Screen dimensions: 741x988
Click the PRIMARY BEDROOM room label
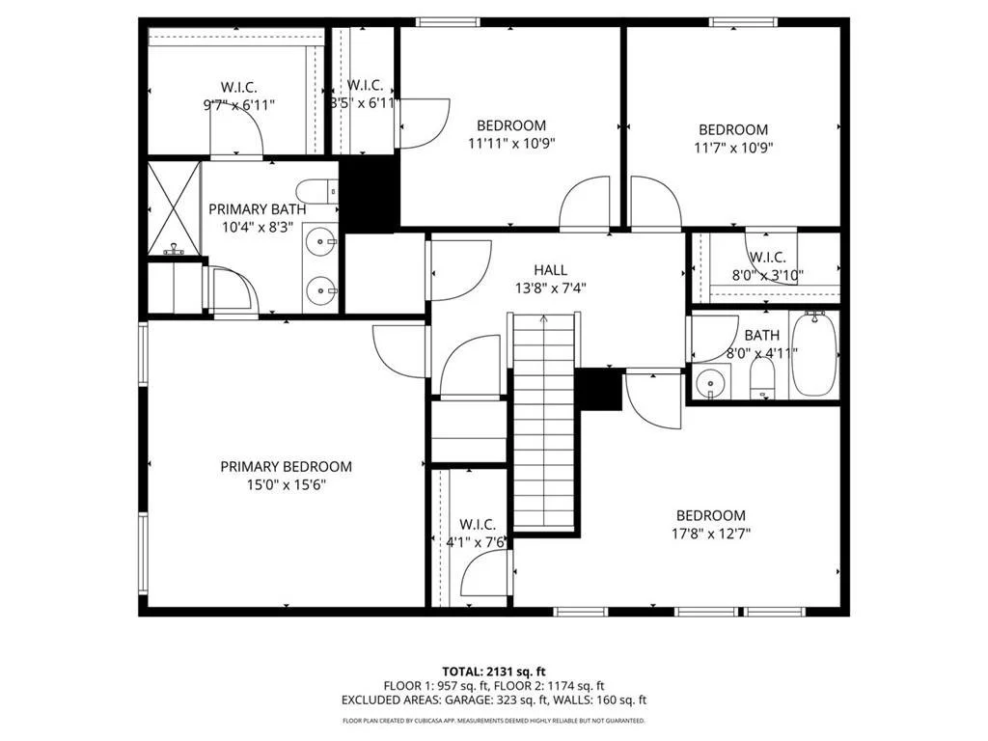(x=286, y=466)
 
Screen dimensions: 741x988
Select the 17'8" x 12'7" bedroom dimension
(x=711, y=533)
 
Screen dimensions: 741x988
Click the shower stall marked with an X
(x=174, y=206)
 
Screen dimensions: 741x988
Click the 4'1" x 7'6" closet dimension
(x=477, y=541)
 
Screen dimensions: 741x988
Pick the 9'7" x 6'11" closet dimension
(x=237, y=104)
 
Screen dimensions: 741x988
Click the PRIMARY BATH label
(x=258, y=208)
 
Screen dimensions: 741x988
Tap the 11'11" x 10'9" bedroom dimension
(x=510, y=143)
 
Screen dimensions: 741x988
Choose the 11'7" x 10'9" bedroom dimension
(x=733, y=148)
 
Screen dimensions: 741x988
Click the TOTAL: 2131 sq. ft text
(x=494, y=671)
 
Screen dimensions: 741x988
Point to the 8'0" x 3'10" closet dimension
(x=767, y=275)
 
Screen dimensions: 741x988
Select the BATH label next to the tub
(x=761, y=335)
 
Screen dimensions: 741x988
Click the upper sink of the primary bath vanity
(x=320, y=242)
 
